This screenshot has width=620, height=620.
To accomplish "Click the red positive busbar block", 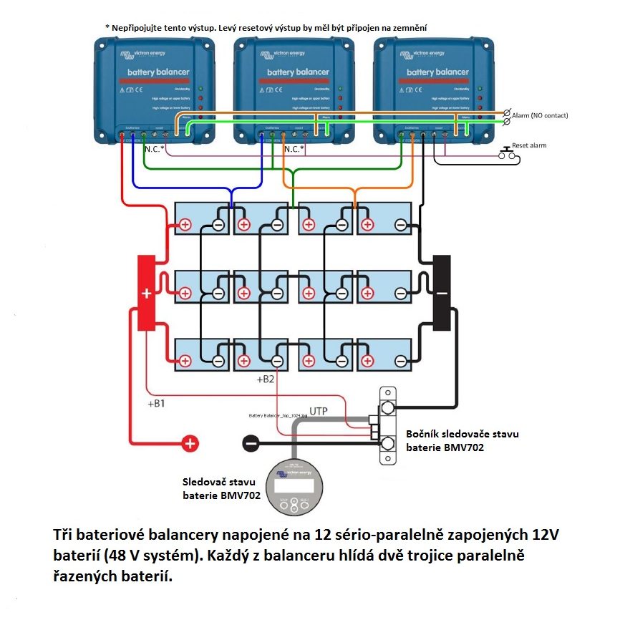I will pos(146,293).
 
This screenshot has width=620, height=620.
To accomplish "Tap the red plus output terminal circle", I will pos(190,443).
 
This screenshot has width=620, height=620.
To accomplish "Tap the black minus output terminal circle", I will pos(251,443).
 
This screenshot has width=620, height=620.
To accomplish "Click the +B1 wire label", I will pos(156,404).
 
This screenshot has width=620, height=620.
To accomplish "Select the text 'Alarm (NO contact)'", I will pos(540,115).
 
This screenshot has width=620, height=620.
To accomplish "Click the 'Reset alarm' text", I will pos(529,145).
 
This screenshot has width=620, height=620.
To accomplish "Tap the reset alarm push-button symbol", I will pos(509,152).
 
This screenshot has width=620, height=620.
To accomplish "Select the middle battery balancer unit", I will pos(294,89).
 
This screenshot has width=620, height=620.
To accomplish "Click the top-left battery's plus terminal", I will pos(185,225).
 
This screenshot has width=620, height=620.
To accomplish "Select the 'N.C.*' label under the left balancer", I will pos(154,150).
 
